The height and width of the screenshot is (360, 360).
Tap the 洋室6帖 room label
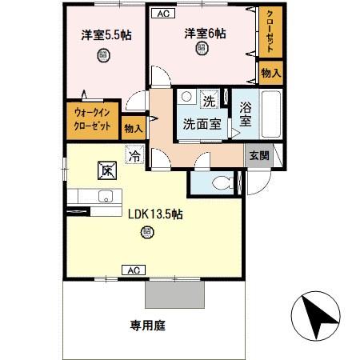point(205,33)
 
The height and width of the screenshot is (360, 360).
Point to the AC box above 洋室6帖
point(162,12)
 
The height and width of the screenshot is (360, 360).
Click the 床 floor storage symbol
point(106,169)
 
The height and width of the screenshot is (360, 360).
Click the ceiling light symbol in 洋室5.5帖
point(103,55)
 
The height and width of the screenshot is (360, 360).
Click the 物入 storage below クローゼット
point(270,73)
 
